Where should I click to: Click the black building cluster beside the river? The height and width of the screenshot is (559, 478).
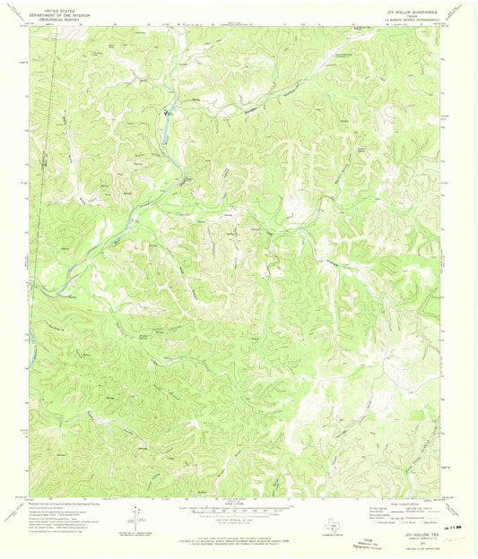[167, 114]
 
